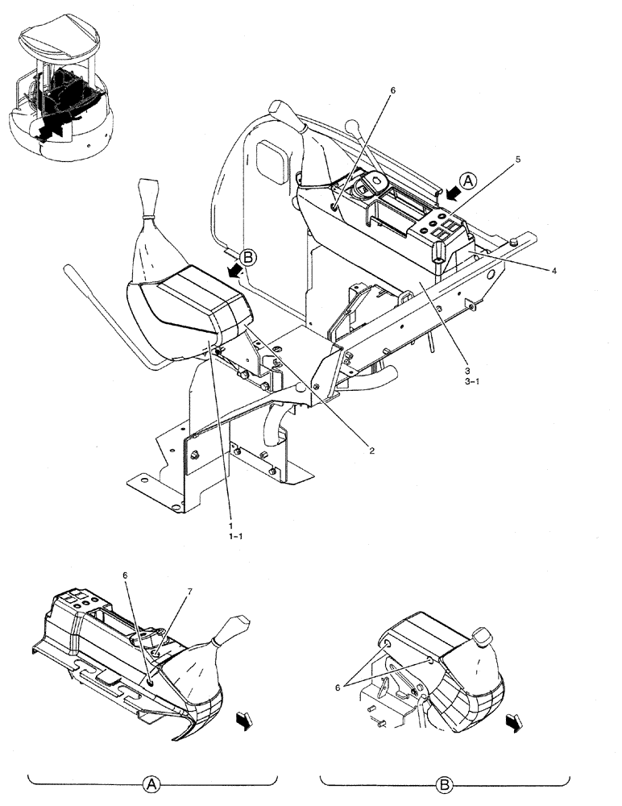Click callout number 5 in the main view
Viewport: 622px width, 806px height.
[518, 160]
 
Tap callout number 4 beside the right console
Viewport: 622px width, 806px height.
[554, 271]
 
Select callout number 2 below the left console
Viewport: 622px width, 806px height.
[371, 451]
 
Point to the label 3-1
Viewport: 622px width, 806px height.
[472, 382]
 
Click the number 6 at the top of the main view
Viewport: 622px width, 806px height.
[392, 92]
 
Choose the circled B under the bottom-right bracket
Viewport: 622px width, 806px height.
[444, 783]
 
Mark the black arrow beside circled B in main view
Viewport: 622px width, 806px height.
[234, 272]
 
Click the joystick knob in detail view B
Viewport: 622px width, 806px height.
[482, 637]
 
